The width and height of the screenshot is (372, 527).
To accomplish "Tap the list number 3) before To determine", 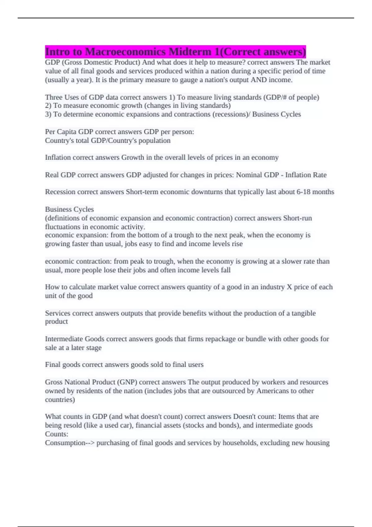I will pos(48,114).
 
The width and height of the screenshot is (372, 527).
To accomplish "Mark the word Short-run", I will pos(297,218).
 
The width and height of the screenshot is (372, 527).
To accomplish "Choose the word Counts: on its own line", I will pos(56,434).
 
